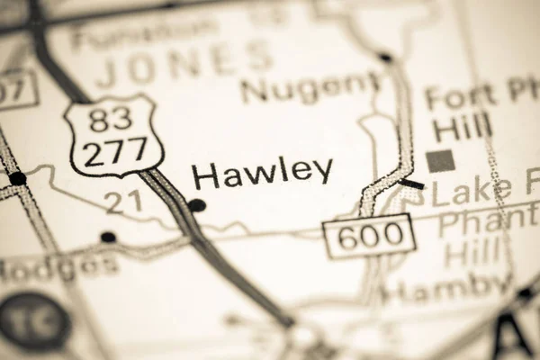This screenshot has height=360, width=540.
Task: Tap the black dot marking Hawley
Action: tap(197, 205)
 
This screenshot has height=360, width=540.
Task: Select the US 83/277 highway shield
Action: tap(114, 135)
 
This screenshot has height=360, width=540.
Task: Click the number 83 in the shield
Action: tap(112, 117)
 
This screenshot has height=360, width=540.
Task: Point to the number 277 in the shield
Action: tap(117, 150)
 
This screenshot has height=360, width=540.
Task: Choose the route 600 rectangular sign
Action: tap(370, 237)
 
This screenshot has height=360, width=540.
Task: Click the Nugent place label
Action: tap(310, 88)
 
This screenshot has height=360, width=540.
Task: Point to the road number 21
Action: tap(122, 202)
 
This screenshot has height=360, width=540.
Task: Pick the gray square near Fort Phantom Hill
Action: tap(439, 161)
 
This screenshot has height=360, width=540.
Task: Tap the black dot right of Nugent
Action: tap(385, 58)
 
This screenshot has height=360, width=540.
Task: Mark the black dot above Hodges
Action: tap(108, 237)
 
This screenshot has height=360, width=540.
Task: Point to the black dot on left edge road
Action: tap(17, 178)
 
